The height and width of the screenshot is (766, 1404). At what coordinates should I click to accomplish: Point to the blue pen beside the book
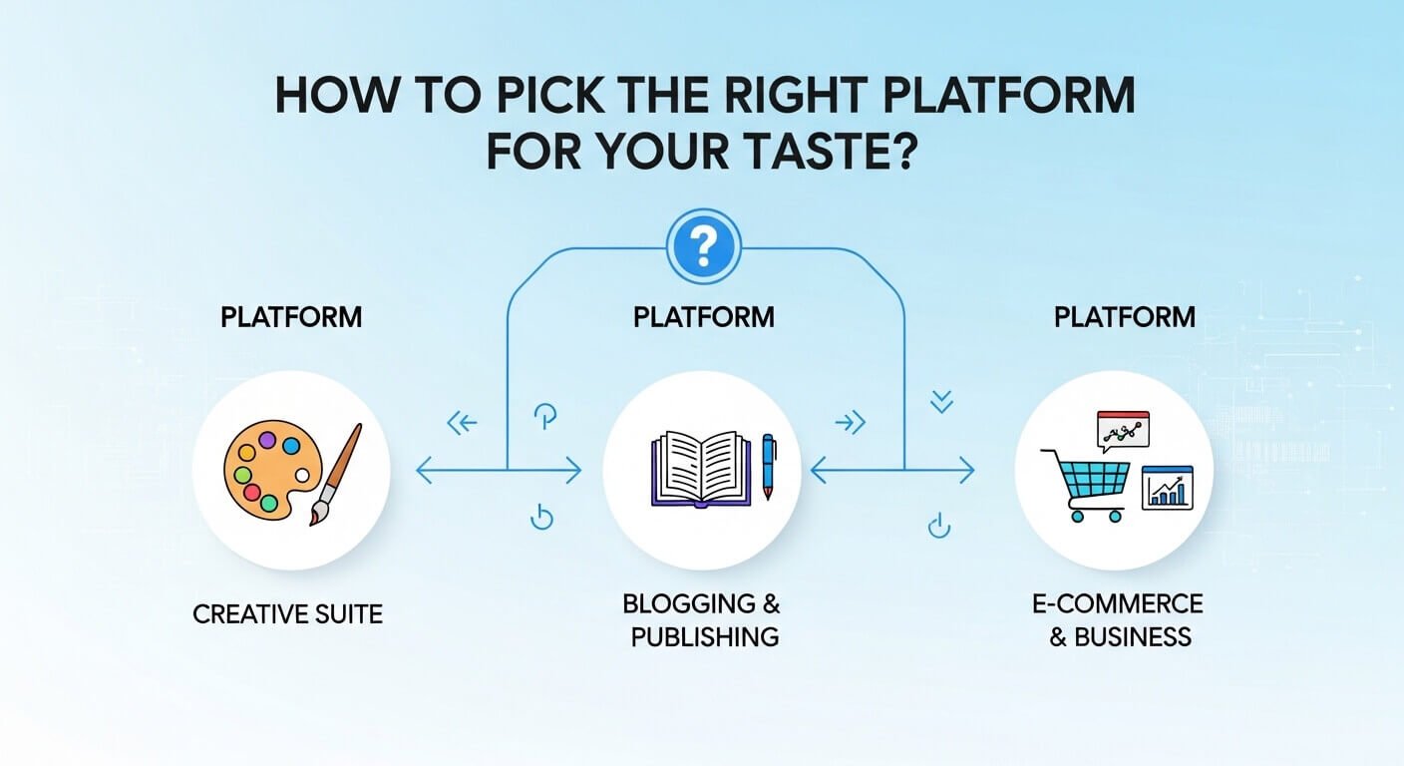coord(768,466)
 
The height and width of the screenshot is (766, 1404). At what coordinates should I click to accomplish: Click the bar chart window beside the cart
coord(1169,487)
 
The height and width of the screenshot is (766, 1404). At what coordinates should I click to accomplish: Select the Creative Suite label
coord(287,612)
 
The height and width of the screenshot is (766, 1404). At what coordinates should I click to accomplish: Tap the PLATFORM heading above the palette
coord(291,318)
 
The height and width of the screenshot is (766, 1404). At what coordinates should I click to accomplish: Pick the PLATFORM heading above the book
coord(703,318)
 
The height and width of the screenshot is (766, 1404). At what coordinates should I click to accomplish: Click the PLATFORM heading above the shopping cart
coord(1124,318)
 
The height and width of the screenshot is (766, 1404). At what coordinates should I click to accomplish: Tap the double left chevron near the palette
coord(462,424)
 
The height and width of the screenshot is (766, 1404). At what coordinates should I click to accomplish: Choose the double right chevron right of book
coord(850,424)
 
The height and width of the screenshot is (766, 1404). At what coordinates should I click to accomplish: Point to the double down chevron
coord(940,402)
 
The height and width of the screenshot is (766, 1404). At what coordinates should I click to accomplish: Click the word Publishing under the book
coord(704,636)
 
